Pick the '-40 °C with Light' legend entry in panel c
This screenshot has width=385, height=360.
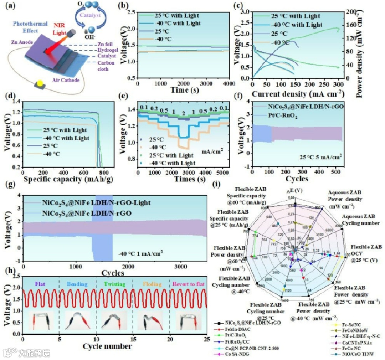(297, 25)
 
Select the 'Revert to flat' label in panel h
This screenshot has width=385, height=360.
(188, 284)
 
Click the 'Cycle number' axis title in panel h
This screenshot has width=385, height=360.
(108, 346)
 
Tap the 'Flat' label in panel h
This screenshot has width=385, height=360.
(40, 284)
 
